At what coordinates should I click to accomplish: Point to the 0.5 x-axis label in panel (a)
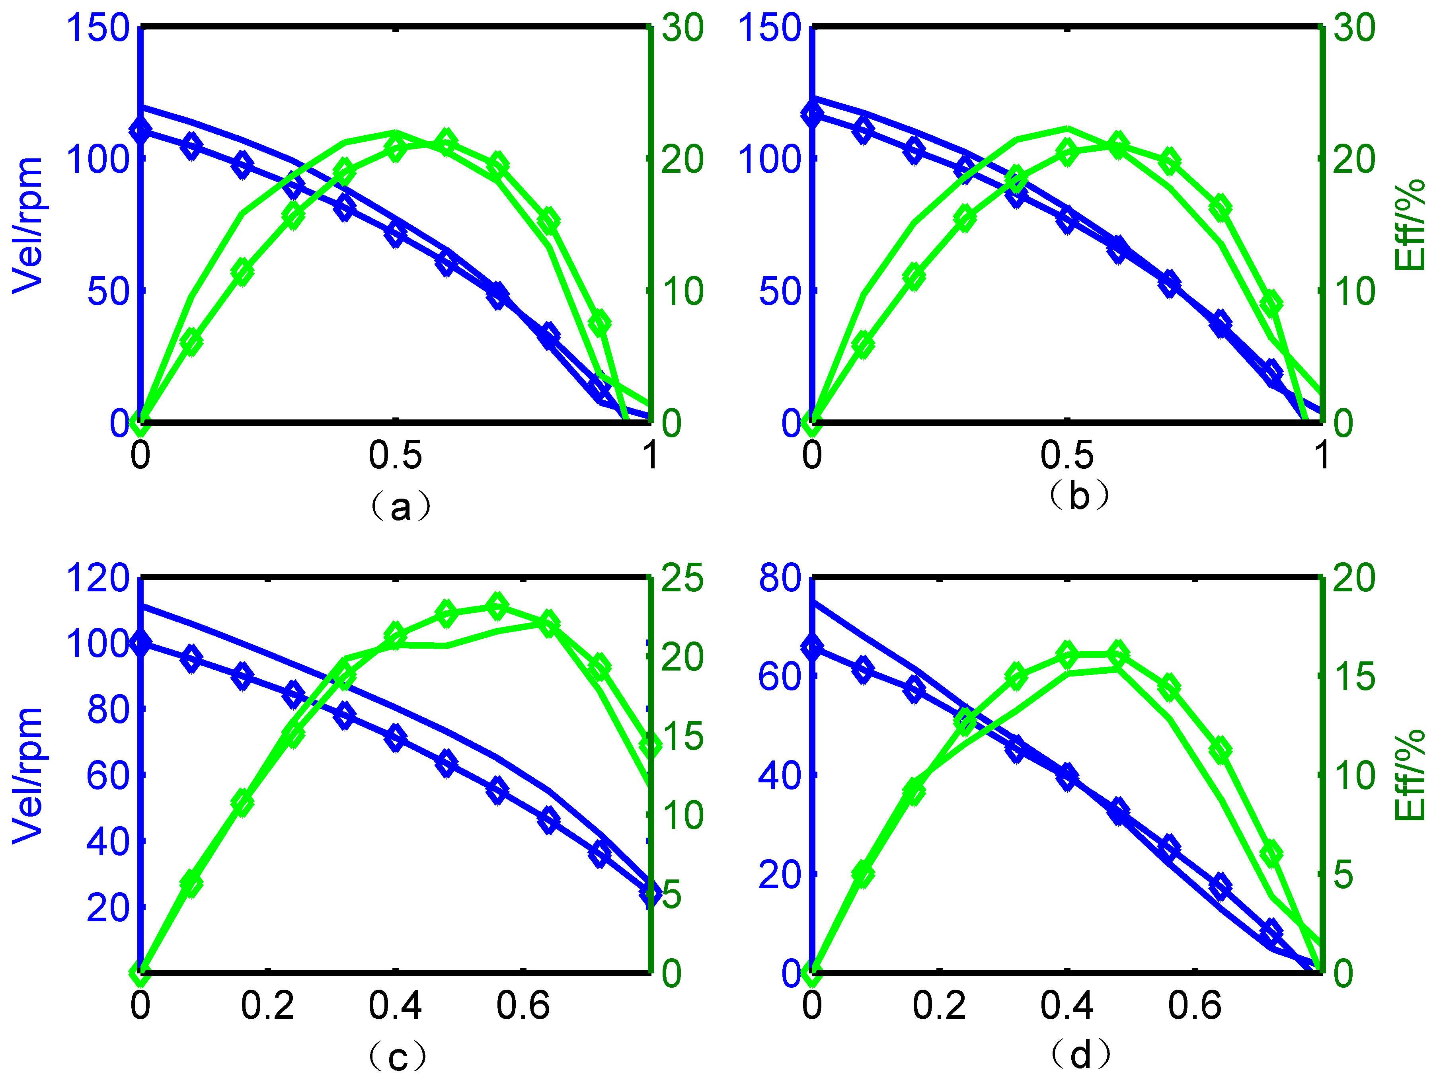point(395,454)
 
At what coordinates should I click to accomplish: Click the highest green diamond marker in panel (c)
point(497,606)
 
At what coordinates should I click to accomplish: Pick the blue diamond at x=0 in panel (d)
point(812,647)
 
